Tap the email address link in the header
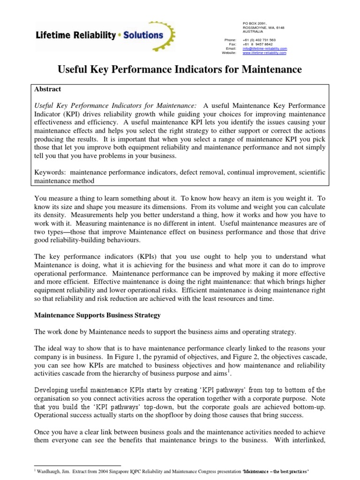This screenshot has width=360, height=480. pos(264,48)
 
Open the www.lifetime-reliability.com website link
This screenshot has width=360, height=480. pos(264,53)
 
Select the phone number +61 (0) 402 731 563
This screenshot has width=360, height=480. pos(259,40)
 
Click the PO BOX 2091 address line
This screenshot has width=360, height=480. pos(254,23)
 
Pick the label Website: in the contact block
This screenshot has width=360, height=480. pos(229,53)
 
